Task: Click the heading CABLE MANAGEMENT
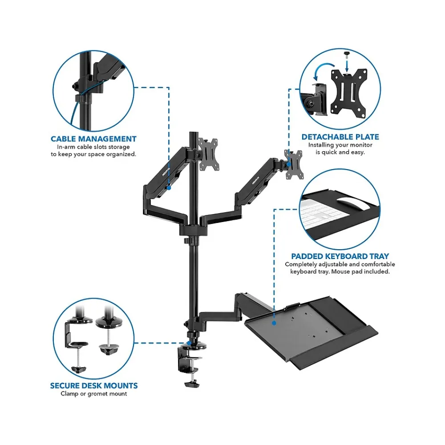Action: (x=93, y=139)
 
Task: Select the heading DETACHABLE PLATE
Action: (x=340, y=137)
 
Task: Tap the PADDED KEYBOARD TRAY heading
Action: (x=340, y=256)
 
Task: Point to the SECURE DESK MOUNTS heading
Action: (x=94, y=386)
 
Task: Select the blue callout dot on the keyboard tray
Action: (x=274, y=323)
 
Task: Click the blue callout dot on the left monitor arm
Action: (x=169, y=188)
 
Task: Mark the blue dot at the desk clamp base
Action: (x=189, y=343)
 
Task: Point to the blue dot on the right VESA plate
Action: (x=289, y=164)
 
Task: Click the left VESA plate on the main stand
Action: (x=207, y=154)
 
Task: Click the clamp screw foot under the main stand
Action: (x=192, y=384)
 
